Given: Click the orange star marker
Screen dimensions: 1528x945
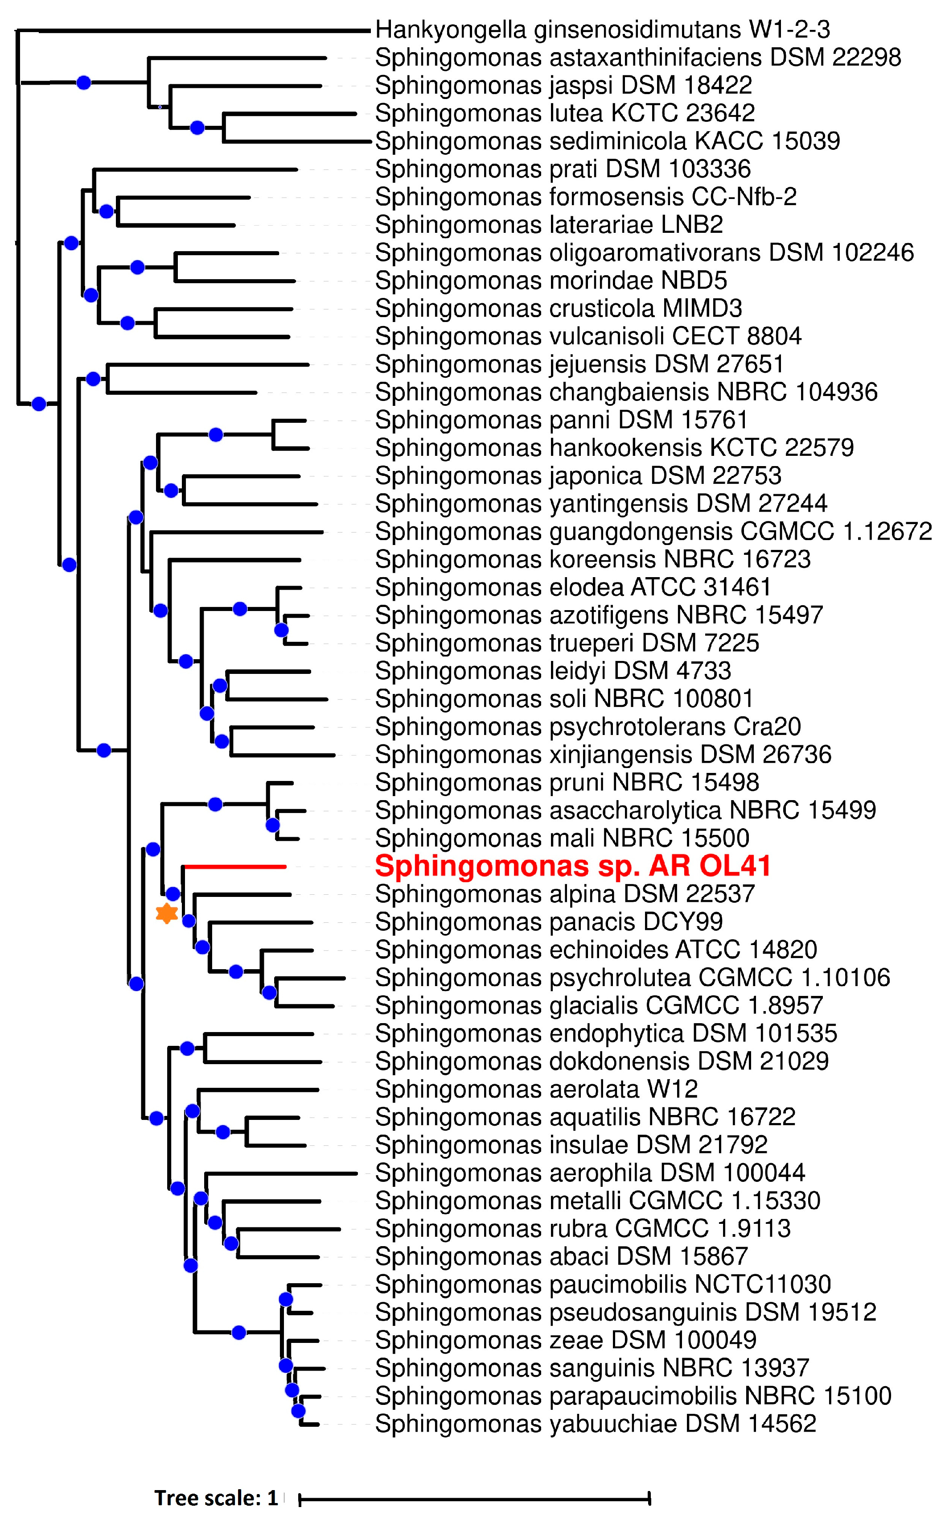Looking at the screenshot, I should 166,913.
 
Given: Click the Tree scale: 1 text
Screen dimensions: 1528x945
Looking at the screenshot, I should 216,1498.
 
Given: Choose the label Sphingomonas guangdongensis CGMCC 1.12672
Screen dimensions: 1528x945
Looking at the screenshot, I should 653,532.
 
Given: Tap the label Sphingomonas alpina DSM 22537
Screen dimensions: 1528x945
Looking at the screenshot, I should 564,894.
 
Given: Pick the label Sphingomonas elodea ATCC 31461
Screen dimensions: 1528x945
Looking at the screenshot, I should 572,587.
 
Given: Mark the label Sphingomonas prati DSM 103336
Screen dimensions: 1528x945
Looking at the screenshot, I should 563,169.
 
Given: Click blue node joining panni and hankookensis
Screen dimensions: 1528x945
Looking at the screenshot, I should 216,434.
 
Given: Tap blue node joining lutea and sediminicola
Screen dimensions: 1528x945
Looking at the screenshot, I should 197,128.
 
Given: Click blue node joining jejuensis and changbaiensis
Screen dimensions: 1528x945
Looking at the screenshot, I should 93,378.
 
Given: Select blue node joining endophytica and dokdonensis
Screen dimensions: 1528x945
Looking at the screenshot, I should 187,1048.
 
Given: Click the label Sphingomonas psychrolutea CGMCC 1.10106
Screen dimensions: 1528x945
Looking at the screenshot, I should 633,978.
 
